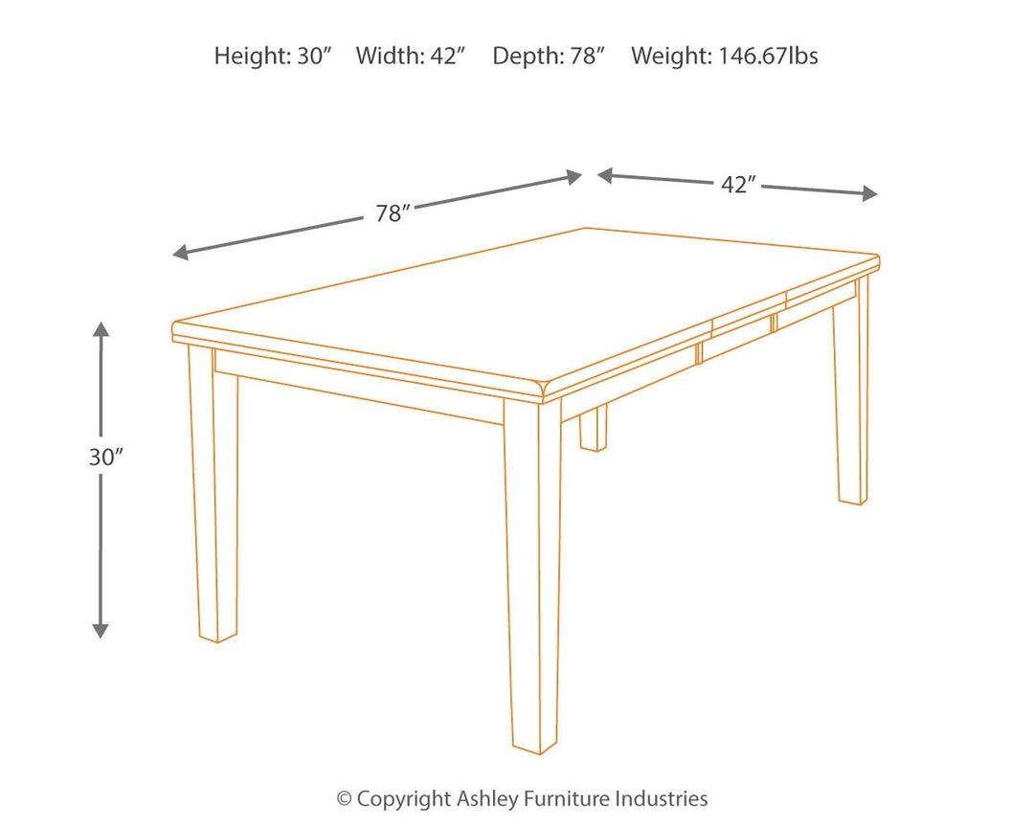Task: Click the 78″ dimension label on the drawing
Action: pyautogui.click(x=393, y=213)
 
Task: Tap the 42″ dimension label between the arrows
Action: pyautogui.click(x=739, y=185)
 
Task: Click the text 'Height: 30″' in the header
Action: pyautogui.click(x=272, y=56)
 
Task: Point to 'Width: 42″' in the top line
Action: pyautogui.click(x=410, y=56)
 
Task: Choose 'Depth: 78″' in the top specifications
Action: pyautogui.click(x=549, y=56)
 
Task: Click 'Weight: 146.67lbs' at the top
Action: pyautogui.click(x=724, y=56)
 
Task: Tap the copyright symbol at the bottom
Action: pyautogui.click(x=343, y=798)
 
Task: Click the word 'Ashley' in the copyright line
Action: pyautogui.click(x=485, y=798)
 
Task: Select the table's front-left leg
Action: pyautogui.click(x=213, y=498)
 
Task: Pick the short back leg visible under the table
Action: pyautogui.click(x=593, y=429)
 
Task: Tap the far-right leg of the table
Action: pyautogui.click(x=851, y=402)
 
